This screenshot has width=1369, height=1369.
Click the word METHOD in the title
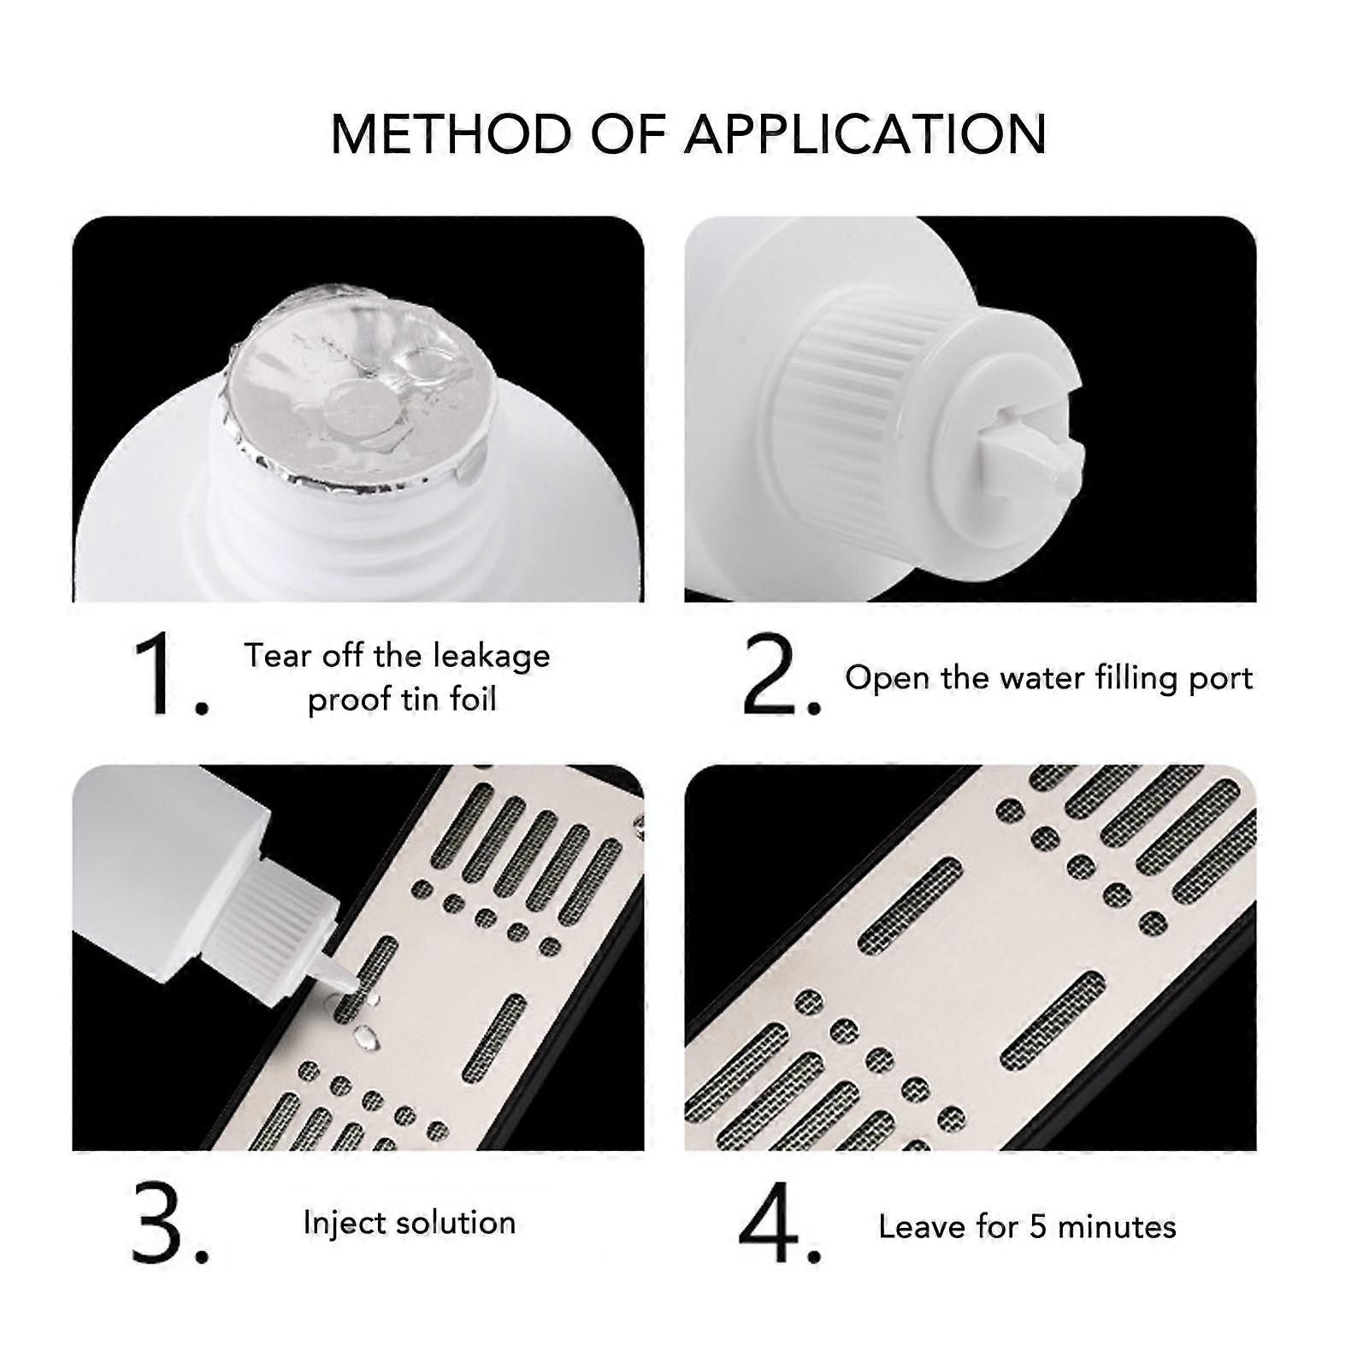pyautogui.click(x=451, y=133)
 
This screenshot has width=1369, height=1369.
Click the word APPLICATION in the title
pyautogui.click(x=867, y=133)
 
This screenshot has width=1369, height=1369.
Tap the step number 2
pyautogui.click(x=781, y=676)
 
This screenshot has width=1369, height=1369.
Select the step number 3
pyautogui.click(x=170, y=1224)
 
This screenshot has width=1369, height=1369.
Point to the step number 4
pyautogui.click(x=780, y=1224)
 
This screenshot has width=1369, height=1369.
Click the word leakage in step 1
pyautogui.click(x=492, y=658)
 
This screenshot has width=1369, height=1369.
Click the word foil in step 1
pyautogui.click(x=469, y=699)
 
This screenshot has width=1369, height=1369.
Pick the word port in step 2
pyautogui.click(x=1221, y=680)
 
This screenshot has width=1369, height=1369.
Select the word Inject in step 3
pyautogui.click(x=339, y=1224)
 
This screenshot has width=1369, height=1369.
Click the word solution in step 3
pyautogui.click(x=451, y=1223)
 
